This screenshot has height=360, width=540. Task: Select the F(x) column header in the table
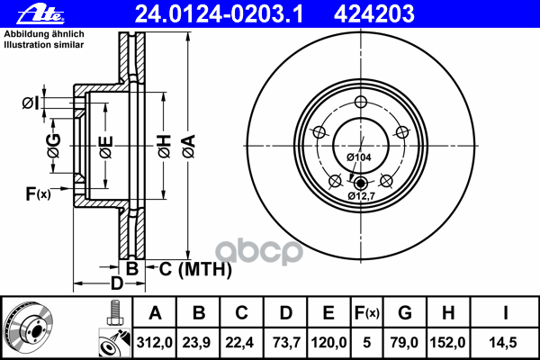pyautogui.click(x=366, y=313)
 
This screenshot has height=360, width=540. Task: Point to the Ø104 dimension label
pyautogui.click(x=359, y=158)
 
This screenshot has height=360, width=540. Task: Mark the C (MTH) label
pyautogui.click(x=194, y=268)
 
